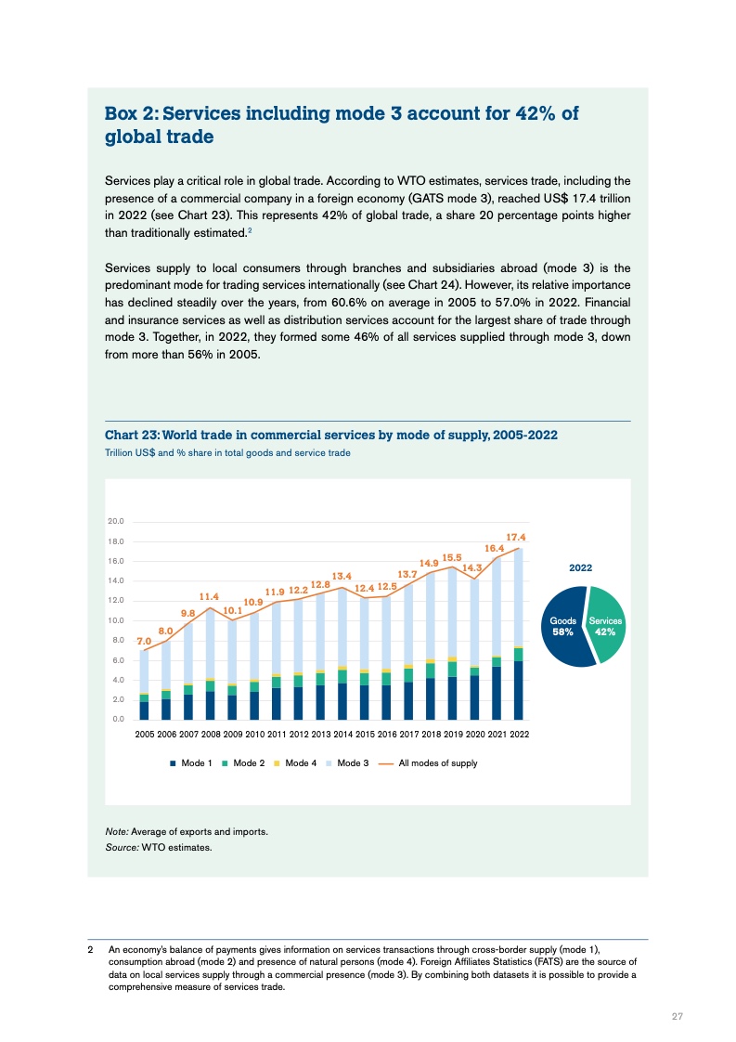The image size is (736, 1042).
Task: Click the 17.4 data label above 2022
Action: [x=517, y=538]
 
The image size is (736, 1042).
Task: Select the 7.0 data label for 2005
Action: [x=144, y=641]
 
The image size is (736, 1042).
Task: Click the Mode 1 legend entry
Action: [x=191, y=763]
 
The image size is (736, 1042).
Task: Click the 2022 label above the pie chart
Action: [x=581, y=567]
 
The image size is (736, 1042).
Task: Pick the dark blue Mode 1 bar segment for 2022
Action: [x=518, y=690]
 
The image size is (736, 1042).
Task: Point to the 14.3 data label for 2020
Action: [x=472, y=567]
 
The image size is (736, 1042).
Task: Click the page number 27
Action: [x=678, y=1016]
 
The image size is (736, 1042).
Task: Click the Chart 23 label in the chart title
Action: [x=136, y=436]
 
